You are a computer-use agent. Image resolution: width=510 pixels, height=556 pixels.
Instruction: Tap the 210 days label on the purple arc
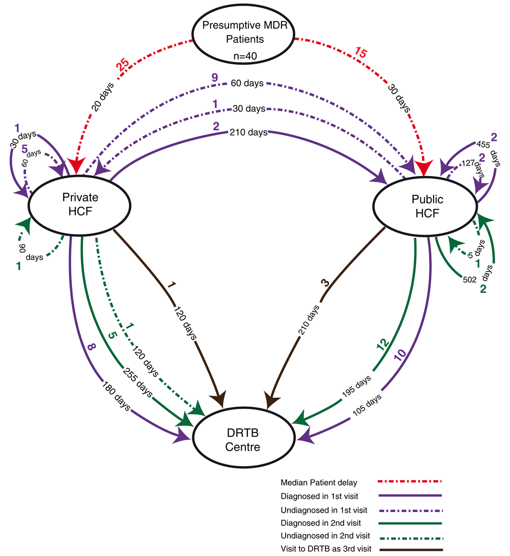coord(249,133)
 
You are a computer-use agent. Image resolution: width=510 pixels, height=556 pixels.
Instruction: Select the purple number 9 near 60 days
coord(215,79)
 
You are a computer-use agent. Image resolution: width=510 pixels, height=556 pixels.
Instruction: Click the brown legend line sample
coord(410,548)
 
